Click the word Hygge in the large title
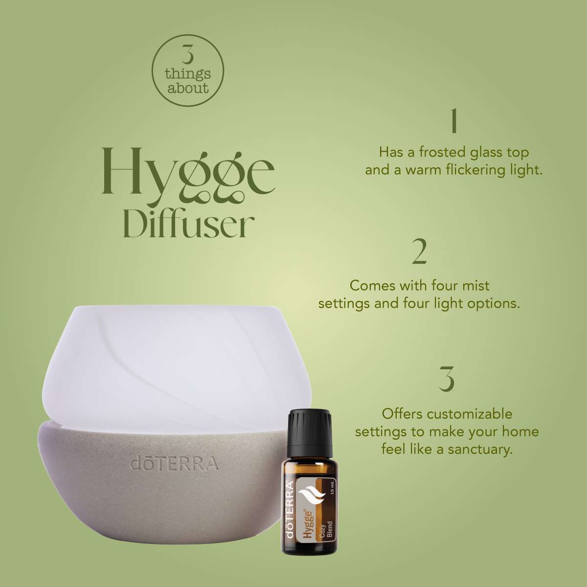coord(188,171)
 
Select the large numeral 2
coord(420,252)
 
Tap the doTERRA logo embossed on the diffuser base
coord(174,463)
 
